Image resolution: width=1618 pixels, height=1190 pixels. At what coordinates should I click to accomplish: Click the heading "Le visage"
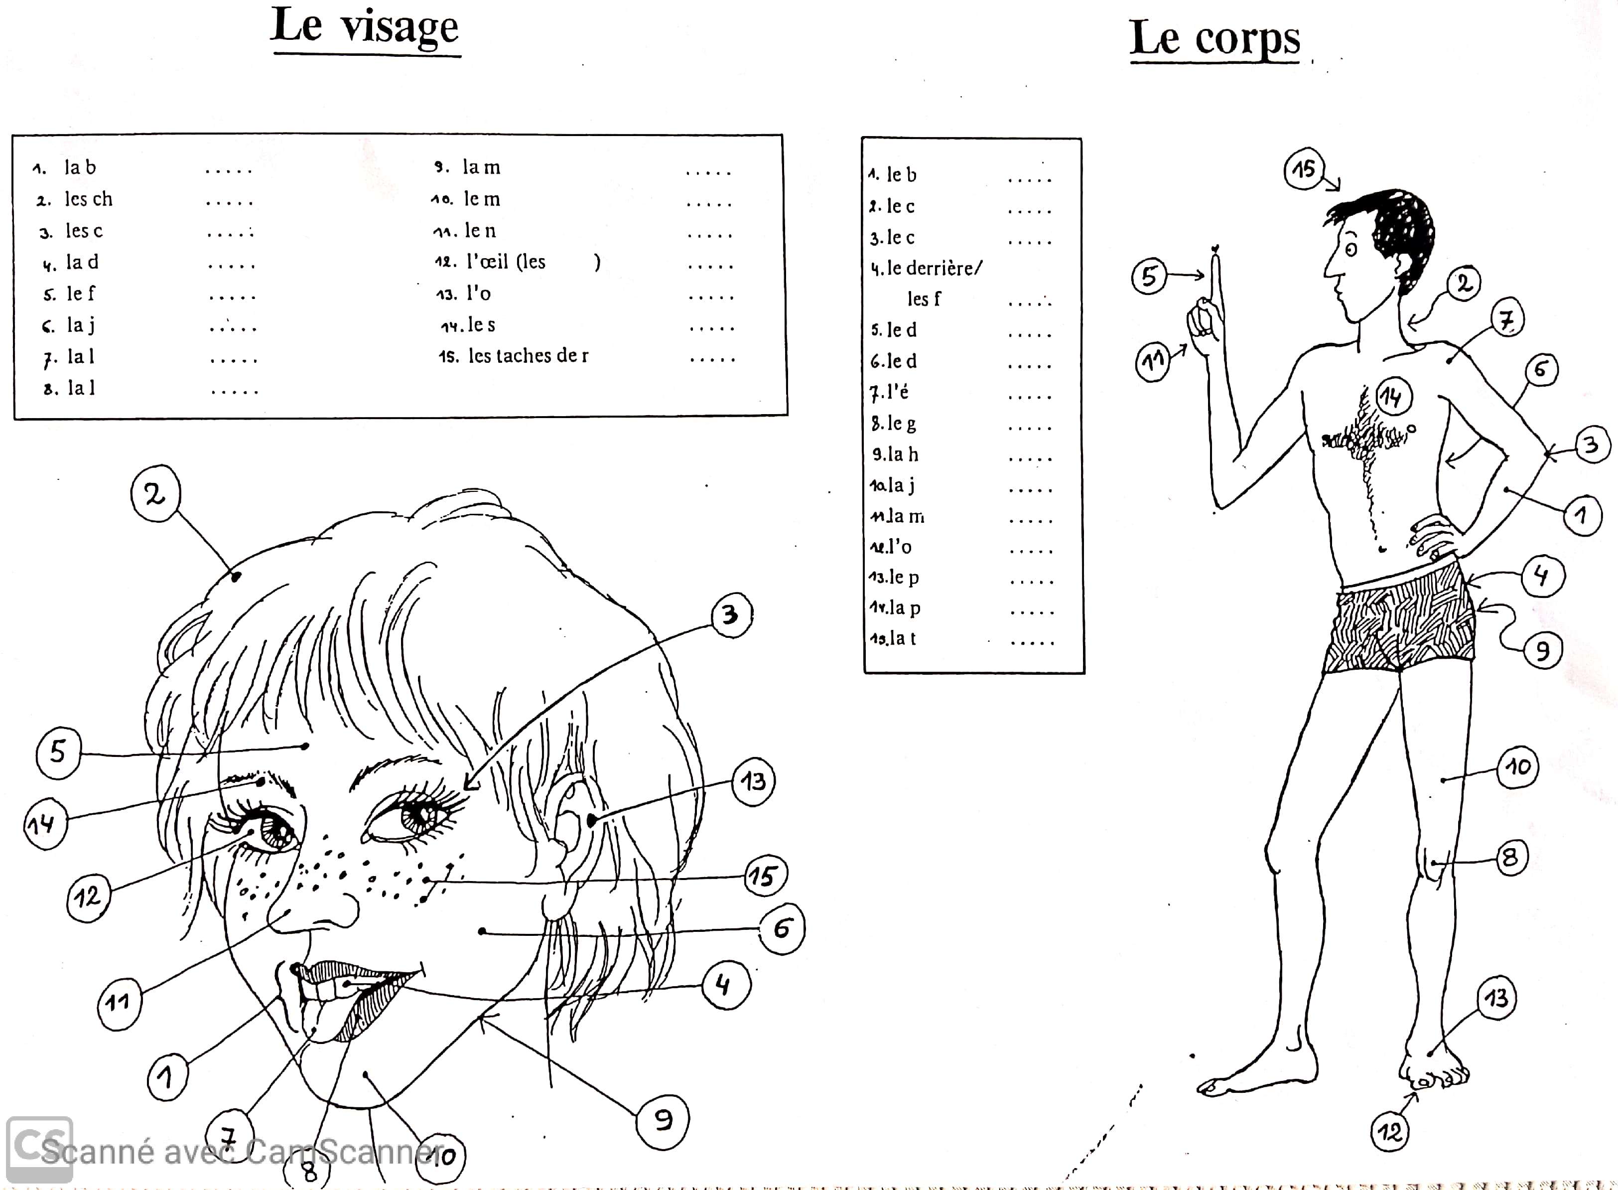tap(365, 27)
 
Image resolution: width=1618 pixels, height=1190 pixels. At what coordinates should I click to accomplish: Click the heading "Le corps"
tap(1215, 37)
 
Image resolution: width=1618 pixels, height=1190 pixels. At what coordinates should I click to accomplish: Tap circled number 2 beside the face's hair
tap(155, 493)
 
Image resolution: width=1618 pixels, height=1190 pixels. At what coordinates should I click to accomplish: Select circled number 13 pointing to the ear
tap(753, 781)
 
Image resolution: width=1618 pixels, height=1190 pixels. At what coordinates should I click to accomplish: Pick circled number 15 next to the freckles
tap(765, 876)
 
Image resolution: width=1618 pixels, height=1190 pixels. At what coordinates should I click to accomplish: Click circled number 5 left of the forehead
tap(58, 753)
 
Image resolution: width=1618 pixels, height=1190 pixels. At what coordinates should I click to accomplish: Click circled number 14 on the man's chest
tap(1393, 396)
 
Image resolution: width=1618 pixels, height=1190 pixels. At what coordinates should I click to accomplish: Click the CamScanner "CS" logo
tap(40, 1149)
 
